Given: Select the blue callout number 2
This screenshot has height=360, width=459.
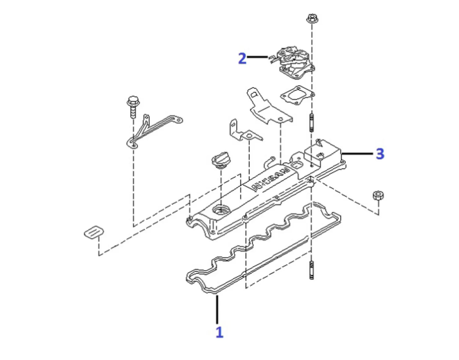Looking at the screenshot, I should [243, 58].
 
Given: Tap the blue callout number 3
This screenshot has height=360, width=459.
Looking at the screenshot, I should [379, 153].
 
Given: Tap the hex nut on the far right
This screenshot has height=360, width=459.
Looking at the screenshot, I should [378, 197].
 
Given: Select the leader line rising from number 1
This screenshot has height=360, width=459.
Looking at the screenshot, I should [217, 309].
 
